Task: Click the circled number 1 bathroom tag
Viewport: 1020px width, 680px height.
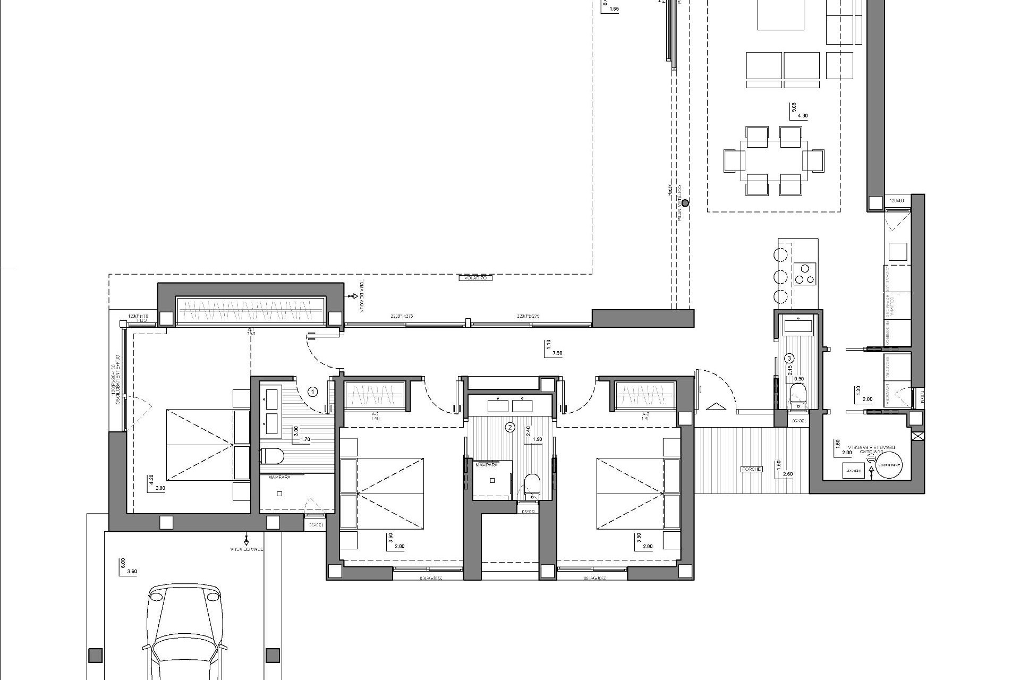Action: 313,392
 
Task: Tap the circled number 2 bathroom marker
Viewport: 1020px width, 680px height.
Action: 511,427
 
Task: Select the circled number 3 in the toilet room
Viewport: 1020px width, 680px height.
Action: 789,358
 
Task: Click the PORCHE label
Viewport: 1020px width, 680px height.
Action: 752,469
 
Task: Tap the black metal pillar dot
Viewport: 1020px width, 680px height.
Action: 685,202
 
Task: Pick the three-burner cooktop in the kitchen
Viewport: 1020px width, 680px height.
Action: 804,274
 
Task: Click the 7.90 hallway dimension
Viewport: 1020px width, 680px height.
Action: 557,353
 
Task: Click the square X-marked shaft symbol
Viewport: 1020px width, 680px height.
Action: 917,437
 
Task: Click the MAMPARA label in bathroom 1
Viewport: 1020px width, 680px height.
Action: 279,477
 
